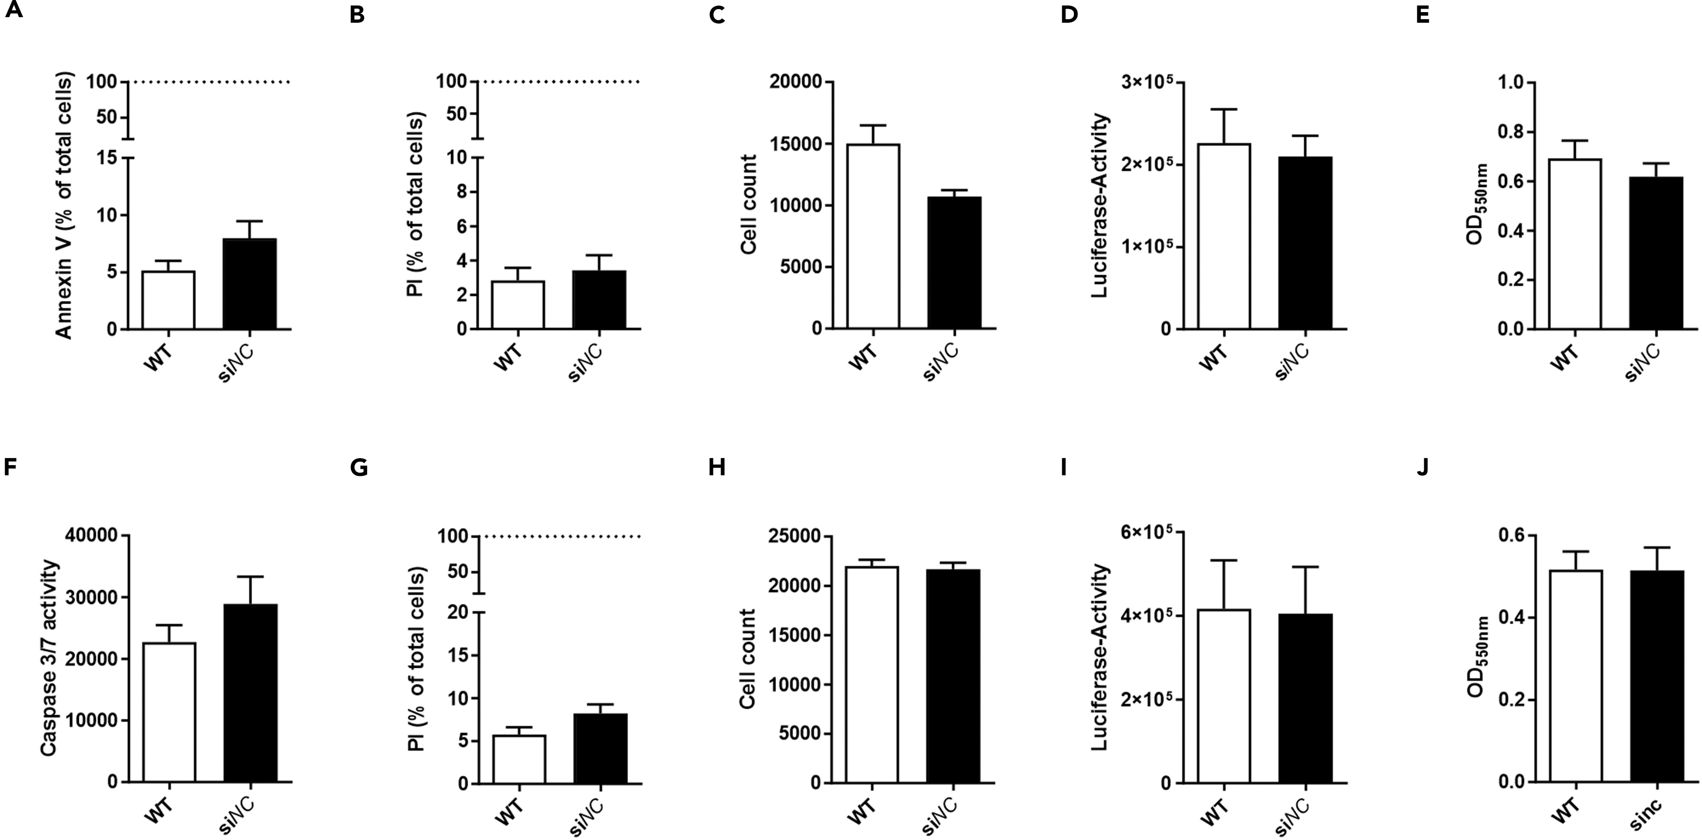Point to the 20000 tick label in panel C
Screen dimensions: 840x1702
pyautogui.click(x=796, y=82)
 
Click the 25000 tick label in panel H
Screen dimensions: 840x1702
pyautogui.click(x=796, y=536)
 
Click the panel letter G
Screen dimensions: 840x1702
pyautogui.click(x=359, y=468)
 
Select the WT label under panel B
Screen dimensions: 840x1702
pyautogui.click(x=507, y=357)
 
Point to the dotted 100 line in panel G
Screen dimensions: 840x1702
pyautogui.click(x=561, y=536)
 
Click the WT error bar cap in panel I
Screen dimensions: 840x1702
pyautogui.click(x=1224, y=561)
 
